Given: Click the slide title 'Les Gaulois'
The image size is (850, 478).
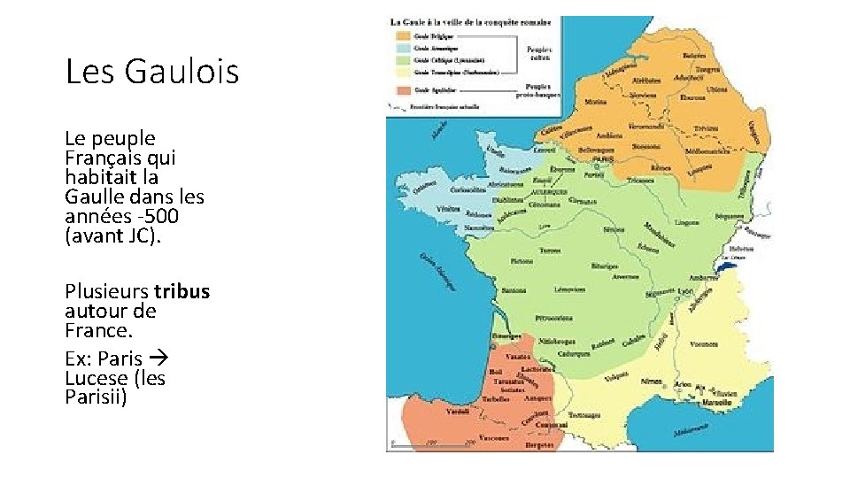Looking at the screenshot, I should click(x=152, y=71).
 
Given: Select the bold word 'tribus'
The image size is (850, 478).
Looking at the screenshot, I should click(x=182, y=292).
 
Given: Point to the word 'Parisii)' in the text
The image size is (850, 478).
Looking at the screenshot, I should click(x=97, y=397).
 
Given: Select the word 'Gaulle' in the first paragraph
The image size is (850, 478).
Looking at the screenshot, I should click(x=95, y=197).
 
